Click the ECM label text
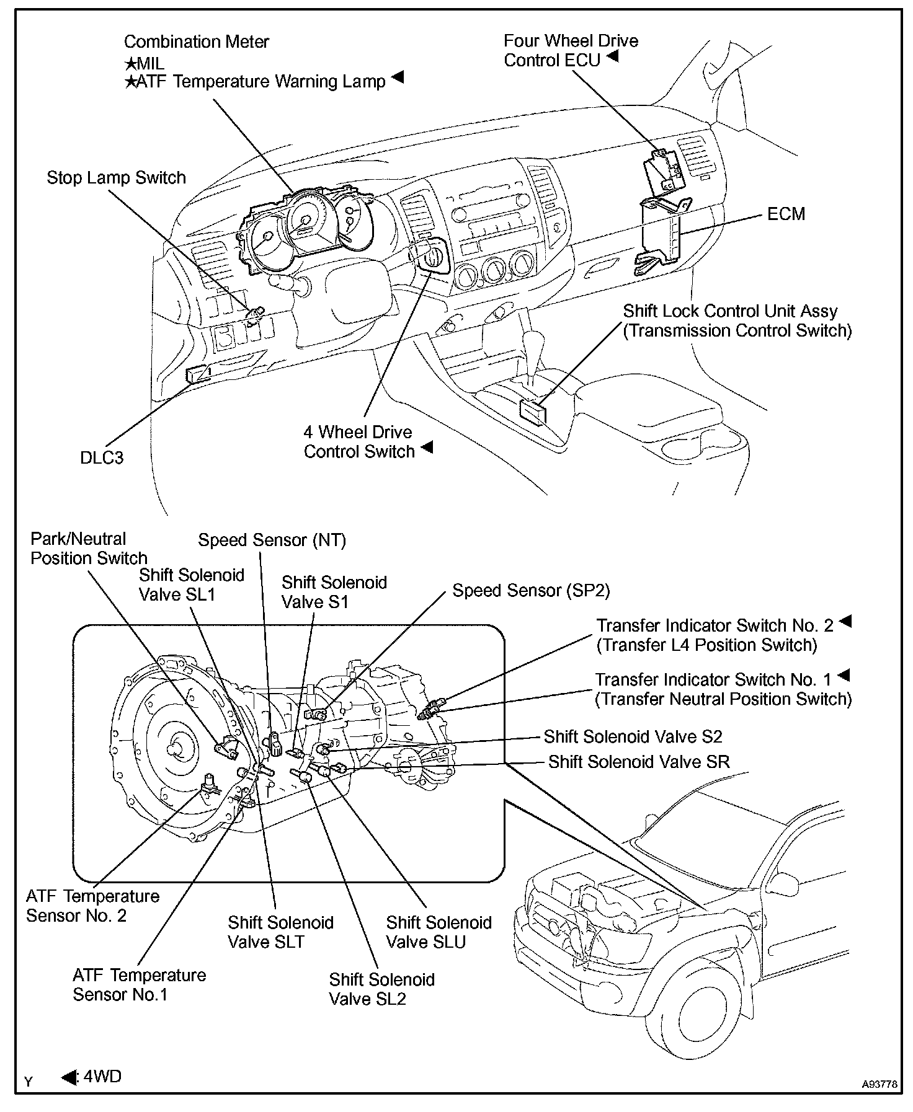tap(786, 214)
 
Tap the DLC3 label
tap(102, 457)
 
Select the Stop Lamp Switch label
tap(116, 178)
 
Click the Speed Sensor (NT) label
tap(272, 540)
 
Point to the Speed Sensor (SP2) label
tap(531, 590)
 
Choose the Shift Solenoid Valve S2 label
tap(633, 736)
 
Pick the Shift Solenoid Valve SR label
tap(638, 761)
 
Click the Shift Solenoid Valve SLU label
tap(439, 932)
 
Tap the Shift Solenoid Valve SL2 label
tap(381, 989)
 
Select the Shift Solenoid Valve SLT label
tap(280, 932)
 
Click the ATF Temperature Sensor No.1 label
tap(139, 985)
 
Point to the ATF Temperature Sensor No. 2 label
tap(92, 906)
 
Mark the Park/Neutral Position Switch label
tap(89, 549)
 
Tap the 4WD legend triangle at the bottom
tap(69, 1077)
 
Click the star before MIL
tap(130, 63)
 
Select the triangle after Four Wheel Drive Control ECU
tap(612, 56)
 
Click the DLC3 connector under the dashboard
tap(197, 374)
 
